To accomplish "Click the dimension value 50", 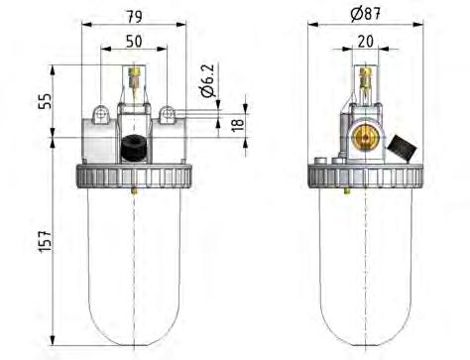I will point(132,41).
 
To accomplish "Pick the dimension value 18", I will point(236,126).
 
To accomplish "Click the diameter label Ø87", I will point(367,14).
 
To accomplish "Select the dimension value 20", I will point(366,41).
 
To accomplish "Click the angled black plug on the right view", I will point(403,147).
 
